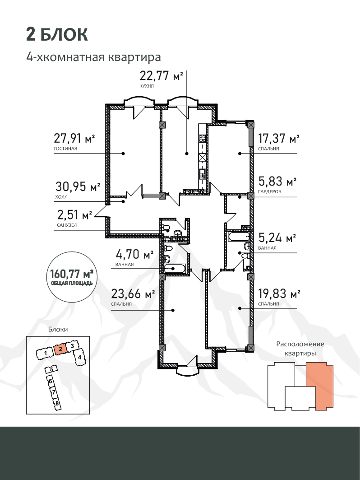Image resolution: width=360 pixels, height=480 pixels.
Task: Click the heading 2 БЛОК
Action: coord(57,35)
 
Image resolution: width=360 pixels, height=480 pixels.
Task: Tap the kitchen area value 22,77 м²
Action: coord(161,75)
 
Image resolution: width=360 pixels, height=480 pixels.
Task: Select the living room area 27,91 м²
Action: coord(74,138)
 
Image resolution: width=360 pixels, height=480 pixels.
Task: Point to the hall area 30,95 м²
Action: coord(78,186)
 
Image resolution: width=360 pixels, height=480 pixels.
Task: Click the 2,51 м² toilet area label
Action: coord(74,214)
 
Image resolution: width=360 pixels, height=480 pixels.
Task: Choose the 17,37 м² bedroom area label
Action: coord(279,138)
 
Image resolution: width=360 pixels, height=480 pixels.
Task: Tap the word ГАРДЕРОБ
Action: coord(269,191)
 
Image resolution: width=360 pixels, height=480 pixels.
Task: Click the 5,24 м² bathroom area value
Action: coord(277,238)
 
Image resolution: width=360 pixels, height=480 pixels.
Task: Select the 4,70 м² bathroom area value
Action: coord(134,254)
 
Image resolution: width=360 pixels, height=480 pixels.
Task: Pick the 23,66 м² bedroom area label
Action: coord(133,294)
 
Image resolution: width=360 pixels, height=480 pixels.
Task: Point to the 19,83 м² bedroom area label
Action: coord(279,294)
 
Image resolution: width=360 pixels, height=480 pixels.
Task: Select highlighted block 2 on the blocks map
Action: coord(60,349)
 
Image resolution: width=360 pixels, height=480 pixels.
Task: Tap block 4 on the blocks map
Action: coord(79,357)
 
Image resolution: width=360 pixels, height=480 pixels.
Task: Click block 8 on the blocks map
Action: coord(56,403)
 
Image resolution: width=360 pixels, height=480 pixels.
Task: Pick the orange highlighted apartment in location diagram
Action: coord(320,387)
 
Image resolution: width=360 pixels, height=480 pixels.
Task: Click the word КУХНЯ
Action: coord(147,86)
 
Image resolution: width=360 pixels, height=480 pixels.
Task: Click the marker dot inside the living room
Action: coord(123,154)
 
